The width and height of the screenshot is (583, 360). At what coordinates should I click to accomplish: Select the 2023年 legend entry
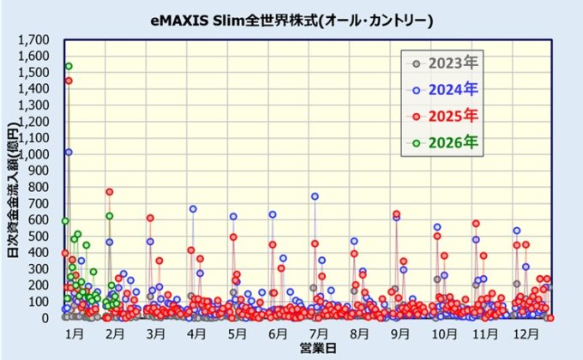coord(444,62)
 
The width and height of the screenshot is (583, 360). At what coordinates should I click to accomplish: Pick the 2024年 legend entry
coord(444,87)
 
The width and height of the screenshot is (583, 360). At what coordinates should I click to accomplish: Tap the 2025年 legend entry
coord(444,114)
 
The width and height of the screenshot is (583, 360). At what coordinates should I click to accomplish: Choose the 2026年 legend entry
coord(444,140)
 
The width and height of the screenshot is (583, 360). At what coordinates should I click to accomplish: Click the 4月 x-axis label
coord(196,333)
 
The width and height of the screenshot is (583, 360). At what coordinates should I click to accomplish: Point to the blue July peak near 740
coord(315,196)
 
